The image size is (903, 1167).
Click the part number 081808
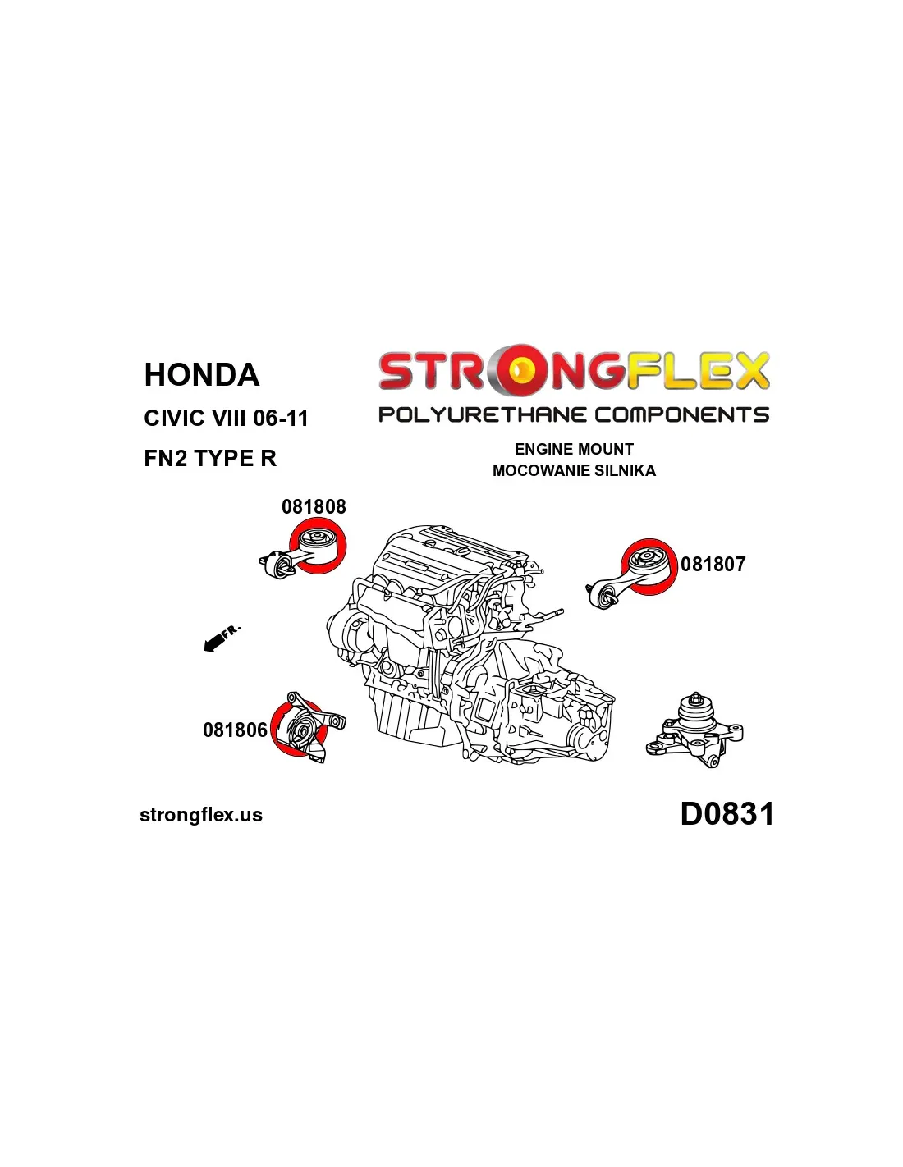pyautogui.click(x=314, y=506)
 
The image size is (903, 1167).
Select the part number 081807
pyautogui.click(x=713, y=564)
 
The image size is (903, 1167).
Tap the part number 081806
pyautogui.click(x=235, y=730)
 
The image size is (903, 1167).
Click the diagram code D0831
pyautogui.click(x=727, y=814)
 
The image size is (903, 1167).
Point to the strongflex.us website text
pyautogui.click(x=201, y=815)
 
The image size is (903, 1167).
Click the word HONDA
pyautogui.click(x=202, y=375)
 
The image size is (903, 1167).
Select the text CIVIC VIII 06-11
pyautogui.click(x=226, y=419)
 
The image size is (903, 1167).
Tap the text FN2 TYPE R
pyautogui.click(x=210, y=459)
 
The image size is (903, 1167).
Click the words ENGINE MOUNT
pyautogui.click(x=574, y=449)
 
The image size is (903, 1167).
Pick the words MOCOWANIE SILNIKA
pyautogui.click(x=574, y=470)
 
